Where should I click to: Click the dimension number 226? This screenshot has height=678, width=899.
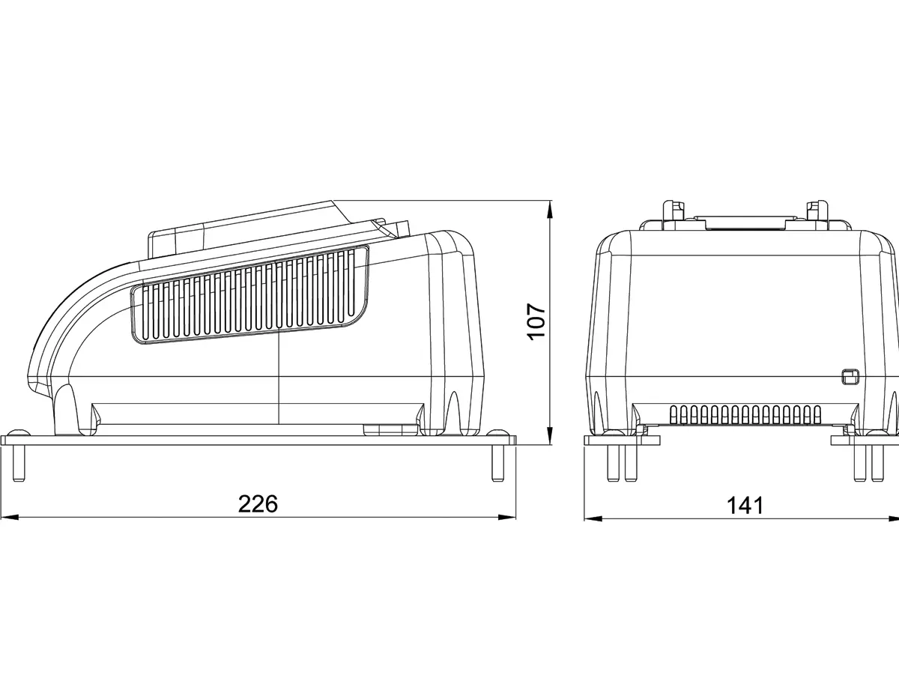[x=258, y=503]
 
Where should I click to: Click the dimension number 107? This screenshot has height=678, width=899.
[x=536, y=321]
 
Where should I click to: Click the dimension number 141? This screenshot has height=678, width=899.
[x=745, y=505]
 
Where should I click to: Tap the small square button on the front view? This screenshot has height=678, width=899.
[x=848, y=377]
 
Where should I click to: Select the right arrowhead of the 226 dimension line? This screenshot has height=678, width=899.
[x=506, y=518]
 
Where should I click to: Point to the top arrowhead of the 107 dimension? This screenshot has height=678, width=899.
[x=550, y=210]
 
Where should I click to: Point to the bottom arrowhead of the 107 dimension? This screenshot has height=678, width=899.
[x=550, y=435]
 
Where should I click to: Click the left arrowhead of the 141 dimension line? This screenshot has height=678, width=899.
[x=593, y=518]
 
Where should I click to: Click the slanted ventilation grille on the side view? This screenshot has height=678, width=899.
[x=249, y=294]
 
